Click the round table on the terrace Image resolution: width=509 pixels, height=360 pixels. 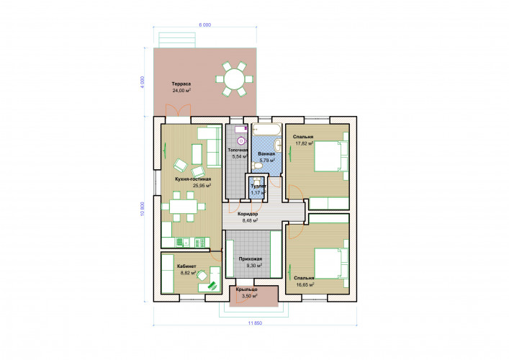235,79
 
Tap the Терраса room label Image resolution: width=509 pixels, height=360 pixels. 181,84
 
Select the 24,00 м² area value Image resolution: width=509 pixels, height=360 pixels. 181,91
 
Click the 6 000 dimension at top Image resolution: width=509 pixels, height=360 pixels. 205,25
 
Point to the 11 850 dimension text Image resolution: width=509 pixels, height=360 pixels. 255,323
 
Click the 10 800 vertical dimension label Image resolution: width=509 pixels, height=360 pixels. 142,209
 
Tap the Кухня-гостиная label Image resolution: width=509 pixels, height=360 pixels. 193,179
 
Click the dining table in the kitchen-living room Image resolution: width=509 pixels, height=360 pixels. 183,207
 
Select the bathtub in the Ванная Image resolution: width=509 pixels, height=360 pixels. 267,129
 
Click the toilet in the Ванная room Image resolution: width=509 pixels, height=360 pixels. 257,166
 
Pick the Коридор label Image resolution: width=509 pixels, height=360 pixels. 248,215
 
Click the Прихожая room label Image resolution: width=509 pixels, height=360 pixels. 251,259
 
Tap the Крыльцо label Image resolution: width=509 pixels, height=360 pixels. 247,289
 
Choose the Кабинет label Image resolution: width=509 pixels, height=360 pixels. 186,266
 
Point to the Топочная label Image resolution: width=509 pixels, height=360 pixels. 238,150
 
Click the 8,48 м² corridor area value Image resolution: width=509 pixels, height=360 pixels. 250,221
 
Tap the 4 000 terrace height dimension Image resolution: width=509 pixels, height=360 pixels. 142,83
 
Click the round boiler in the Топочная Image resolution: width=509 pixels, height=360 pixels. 241,141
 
